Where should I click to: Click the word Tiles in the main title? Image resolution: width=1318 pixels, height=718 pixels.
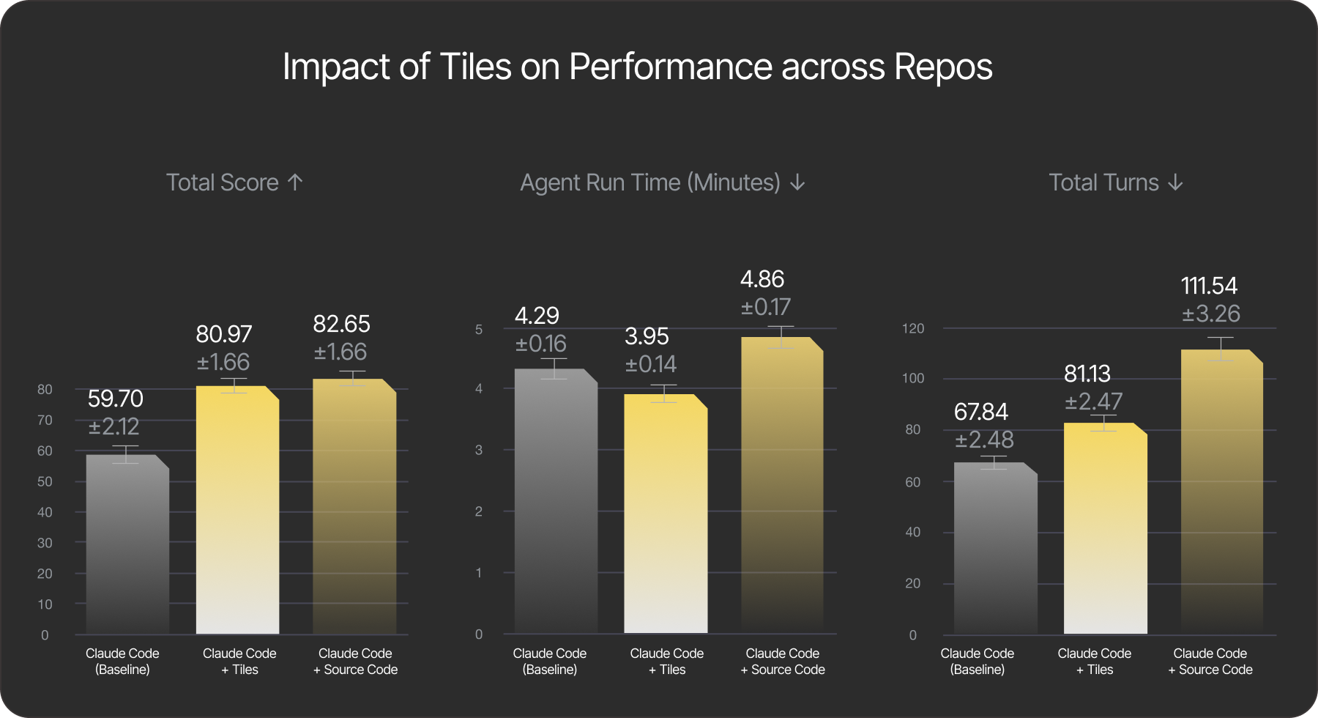(x=474, y=67)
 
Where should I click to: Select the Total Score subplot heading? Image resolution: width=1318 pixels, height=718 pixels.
(x=222, y=182)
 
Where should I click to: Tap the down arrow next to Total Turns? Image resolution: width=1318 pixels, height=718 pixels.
(x=1175, y=182)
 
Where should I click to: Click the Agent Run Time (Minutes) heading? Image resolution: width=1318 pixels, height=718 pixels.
(x=649, y=182)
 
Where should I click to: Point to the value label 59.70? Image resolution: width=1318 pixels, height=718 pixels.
(x=115, y=399)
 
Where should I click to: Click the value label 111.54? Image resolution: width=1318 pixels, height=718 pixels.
(x=1209, y=286)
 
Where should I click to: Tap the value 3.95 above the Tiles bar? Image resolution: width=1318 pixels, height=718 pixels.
(x=647, y=336)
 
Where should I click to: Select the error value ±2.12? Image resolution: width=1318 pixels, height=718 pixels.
(x=113, y=426)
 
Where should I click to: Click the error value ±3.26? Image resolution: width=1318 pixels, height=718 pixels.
(x=1211, y=314)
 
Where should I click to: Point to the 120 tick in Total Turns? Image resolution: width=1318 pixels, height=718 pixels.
(x=912, y=328)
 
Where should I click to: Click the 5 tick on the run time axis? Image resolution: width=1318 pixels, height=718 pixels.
(x=479, y=330)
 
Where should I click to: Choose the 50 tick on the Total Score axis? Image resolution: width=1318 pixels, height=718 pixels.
(x=45, y=481)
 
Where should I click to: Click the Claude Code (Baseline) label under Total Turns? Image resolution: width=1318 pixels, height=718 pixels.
(x=977, y=661)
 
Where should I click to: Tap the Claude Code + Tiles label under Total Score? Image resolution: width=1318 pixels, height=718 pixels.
(x=239, y=661)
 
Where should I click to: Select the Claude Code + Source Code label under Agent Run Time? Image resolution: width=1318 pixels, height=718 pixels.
(x=782, y=661)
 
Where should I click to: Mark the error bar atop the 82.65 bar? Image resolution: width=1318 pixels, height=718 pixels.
(x=352, y=378)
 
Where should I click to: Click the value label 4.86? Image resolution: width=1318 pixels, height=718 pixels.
(x=762, y=279)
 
